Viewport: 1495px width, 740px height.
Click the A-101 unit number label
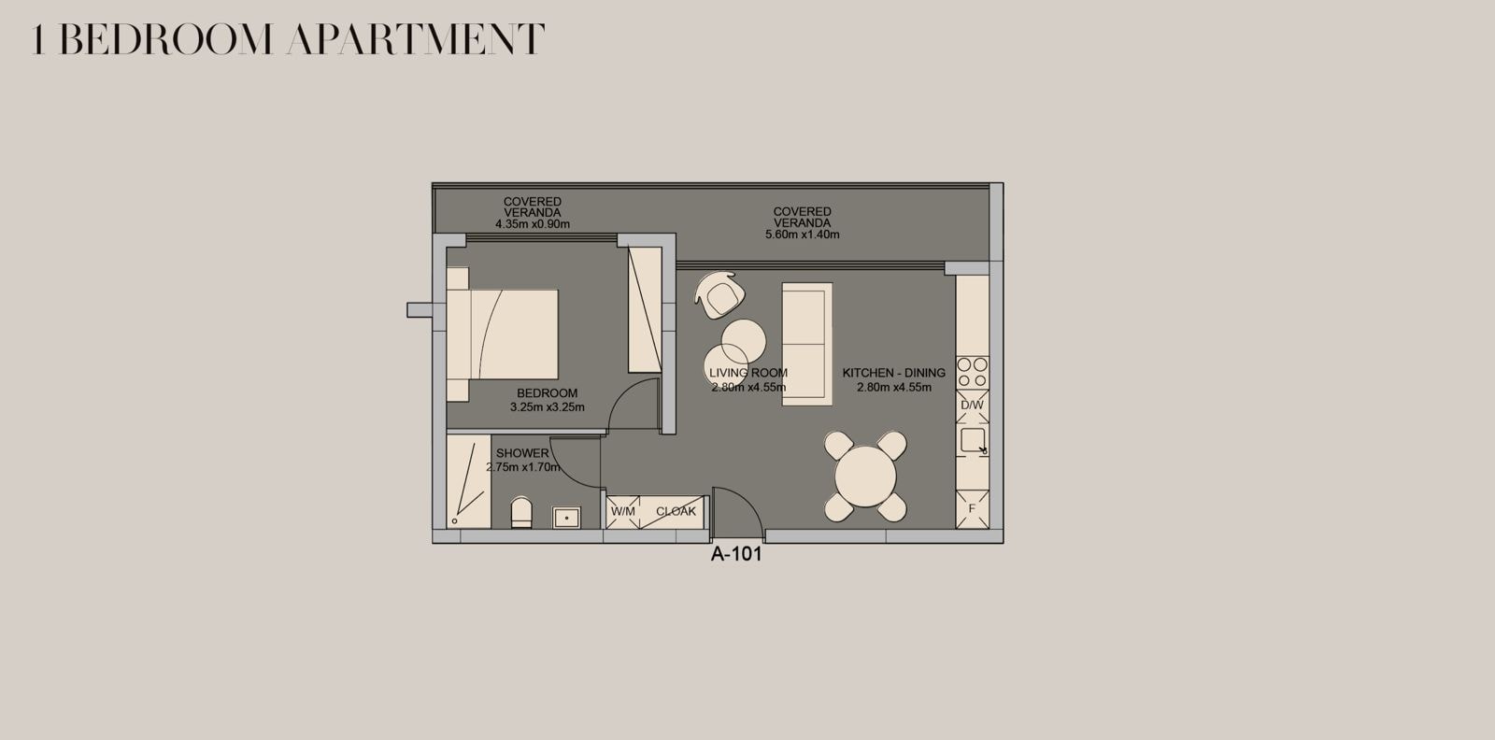coord(736,554)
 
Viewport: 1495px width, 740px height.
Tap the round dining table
coord(865,477)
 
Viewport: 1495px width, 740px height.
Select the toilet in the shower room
coord(521,512)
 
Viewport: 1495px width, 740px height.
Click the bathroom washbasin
coord(566,517)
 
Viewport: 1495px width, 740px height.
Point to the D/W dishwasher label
coord(972,405)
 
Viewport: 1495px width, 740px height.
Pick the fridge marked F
coord(972,509)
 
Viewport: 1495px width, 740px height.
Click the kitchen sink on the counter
coord(973,440)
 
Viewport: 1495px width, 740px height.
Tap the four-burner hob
coord(972,373)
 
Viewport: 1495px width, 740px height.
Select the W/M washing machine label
coord(622,511)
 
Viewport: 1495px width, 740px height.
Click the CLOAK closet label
coord(676,511)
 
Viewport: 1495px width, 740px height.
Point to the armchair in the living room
coord(719,295)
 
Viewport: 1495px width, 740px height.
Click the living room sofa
coord(807,344)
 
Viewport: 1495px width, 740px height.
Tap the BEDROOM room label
coord(548,393)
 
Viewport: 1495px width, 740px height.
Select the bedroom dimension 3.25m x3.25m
coord(548,407)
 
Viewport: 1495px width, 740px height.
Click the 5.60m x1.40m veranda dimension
coord(803,235)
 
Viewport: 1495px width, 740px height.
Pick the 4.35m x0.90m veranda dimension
coord(533,224)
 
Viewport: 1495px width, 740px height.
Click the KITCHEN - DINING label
coord(893,373)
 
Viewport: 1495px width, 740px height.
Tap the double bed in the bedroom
coord(502,334)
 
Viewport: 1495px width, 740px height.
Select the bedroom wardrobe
coord(645,309)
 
